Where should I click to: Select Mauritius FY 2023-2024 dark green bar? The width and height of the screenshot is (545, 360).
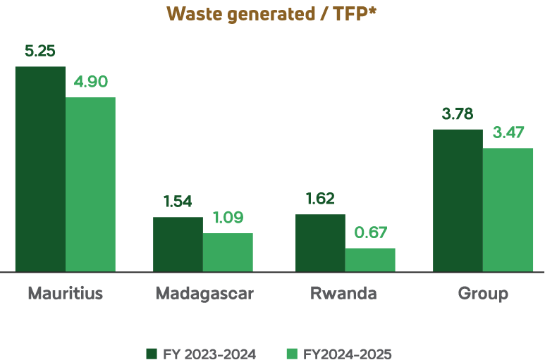click(40, 169)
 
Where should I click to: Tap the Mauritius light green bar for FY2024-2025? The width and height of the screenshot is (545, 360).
click(90, 184)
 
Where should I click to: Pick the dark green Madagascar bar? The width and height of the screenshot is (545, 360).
click(178, 244)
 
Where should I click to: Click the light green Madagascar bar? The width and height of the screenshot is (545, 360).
click(228, 252)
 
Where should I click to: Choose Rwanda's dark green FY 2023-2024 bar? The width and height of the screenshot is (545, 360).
click(320, 242)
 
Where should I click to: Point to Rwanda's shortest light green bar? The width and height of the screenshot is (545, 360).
click(370, 259)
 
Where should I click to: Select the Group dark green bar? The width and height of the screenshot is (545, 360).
click(458, 200)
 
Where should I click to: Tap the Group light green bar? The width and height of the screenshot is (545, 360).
click(508, 209)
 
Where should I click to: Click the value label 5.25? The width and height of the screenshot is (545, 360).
click(40, 51)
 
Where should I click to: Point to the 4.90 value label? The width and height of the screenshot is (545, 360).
click(90, 82)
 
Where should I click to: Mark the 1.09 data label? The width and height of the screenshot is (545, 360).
click(228, 218)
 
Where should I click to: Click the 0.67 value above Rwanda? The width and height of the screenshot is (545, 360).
click(370, 232)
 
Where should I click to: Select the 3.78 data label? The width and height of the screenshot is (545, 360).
click(458, 114)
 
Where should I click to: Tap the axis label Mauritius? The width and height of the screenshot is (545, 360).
click(66, 293)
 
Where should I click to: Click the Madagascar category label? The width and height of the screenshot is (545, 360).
click(204, 293)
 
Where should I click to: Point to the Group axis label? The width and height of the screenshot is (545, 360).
click(483, 293)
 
